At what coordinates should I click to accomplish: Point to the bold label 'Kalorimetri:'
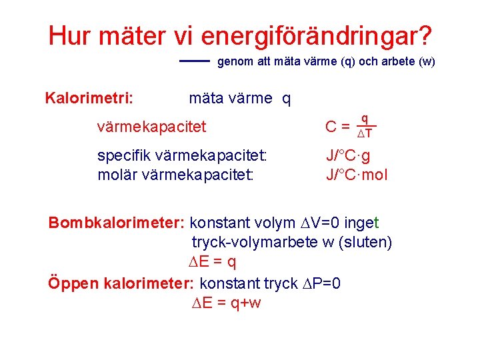click(89, 99)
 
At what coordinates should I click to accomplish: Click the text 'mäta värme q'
click(240, 99)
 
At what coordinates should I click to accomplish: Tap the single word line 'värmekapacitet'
click(151, 126)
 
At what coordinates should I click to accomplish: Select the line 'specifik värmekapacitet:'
click(182, 156)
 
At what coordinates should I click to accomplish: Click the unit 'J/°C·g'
click(348, 156)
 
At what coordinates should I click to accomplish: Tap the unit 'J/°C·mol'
click(357, 175)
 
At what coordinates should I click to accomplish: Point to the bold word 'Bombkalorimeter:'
click(117, 223)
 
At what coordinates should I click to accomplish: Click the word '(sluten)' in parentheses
click(367, 242)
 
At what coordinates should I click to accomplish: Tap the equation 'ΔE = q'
click(213, 262)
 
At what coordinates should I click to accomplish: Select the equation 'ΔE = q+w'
click(226, 303)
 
